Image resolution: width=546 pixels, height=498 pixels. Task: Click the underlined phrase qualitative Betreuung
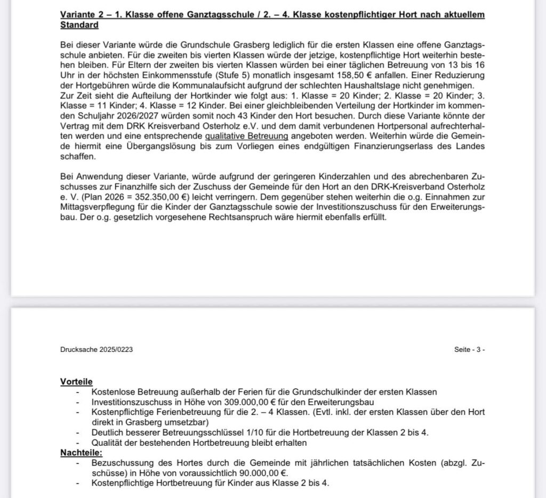coord(246,136)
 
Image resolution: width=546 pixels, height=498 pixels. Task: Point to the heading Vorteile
coord(76,382)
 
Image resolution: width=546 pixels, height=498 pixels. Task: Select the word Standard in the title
coord(79,25)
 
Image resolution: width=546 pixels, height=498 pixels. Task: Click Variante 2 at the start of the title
coord(82,15)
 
